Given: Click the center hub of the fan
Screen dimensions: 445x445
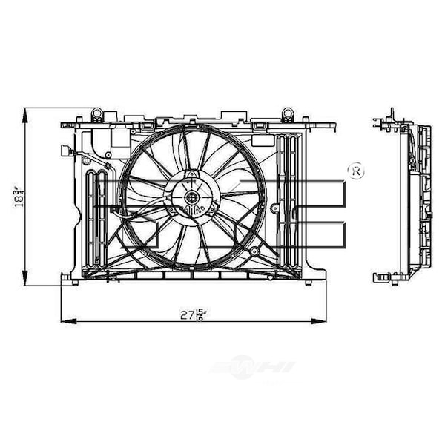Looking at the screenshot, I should tap(191, 197).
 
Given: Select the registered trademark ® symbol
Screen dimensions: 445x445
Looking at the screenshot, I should tap(355, 171).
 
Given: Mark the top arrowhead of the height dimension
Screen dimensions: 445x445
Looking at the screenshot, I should tap(25, 111).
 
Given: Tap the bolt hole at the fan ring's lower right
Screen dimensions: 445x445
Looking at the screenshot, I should tap(254, 251).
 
